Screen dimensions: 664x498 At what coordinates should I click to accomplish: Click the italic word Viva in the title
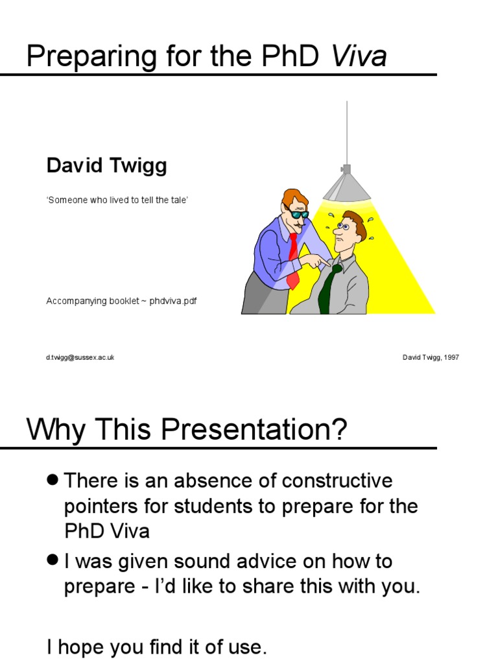(359, 57)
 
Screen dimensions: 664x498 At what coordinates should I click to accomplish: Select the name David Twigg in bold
(106, 166)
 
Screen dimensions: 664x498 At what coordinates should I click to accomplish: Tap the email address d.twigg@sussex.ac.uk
(80, 357)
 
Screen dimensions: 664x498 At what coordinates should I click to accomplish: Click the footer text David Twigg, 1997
(431, 357)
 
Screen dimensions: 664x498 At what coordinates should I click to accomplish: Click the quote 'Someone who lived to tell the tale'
(117, 200)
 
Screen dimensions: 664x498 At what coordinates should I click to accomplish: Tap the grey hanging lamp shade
(347, 186)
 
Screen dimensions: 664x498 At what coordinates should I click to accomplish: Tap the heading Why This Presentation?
(187, 430)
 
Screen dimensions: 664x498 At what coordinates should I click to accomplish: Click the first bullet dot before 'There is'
(53, 480)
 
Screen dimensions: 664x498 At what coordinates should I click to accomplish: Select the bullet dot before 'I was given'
(53, 560)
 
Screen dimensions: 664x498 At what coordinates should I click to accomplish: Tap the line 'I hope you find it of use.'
(156, 646)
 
